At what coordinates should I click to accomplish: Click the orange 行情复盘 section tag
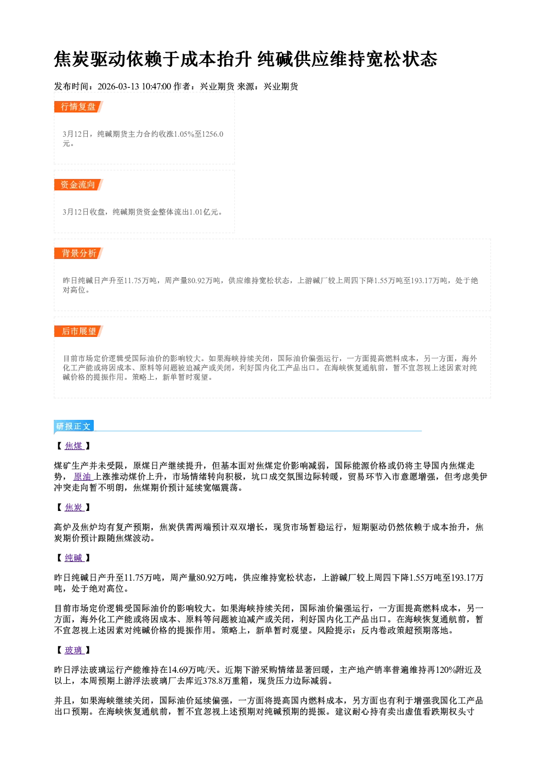78,106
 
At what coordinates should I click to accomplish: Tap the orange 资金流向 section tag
78,184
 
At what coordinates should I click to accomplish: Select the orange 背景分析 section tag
78,254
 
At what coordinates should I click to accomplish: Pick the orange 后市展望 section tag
78,331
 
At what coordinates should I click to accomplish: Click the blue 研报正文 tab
73,426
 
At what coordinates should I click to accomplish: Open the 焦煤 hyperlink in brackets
74,446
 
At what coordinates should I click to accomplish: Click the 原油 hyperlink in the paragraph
83,477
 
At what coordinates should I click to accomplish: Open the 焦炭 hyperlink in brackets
74,507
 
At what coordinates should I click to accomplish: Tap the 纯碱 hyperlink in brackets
74,558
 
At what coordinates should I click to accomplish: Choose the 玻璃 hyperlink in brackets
74,650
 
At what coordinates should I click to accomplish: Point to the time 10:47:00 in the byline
156,87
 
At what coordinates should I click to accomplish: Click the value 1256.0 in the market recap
213,134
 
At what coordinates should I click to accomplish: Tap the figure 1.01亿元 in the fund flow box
203,212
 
